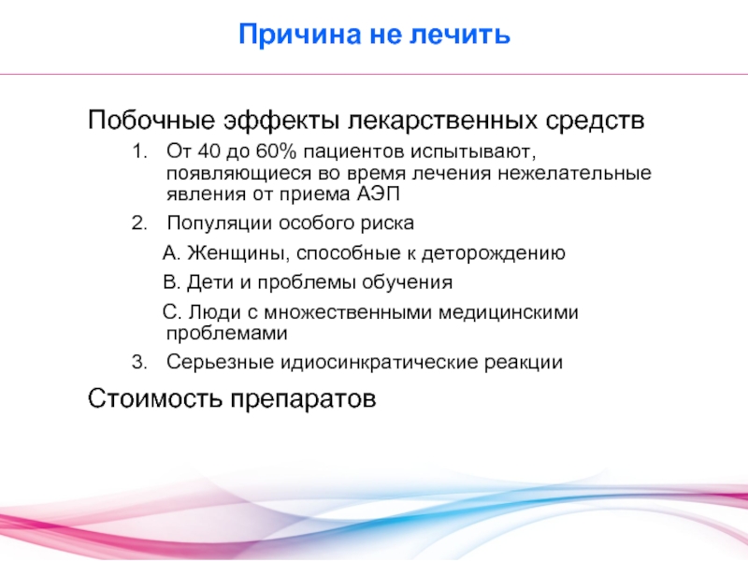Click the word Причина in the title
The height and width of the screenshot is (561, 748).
pyautogui.click(x=299, y=35)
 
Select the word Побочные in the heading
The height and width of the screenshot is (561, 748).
pyautogui.click(x=151, y=120)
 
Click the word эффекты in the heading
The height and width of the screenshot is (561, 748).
pyautogui.click(x=281, y=121)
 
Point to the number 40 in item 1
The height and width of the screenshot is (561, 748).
pyautogui.click(x=209, y=151)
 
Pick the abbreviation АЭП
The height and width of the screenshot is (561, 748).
pyautogui.click(x=378, y=194)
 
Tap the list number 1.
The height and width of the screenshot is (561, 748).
pyautogui.click(x=138, y=151)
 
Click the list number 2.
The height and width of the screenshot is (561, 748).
pyautogui.click(x=139, y=223)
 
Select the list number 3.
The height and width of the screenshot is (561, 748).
pyautogui.click(x=139, y=362)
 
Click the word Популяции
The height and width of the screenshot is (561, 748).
pyautogui.click(x=220, y=223)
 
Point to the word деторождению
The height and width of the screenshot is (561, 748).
pyautogui.click(x=493, y=253)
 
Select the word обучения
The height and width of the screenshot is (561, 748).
pyautogui.click(x=407, y=283)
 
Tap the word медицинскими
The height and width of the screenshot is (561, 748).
pyautogui.click(x=508, y=312)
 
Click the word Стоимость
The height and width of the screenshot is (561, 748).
pyautogui.click(x=155, y=398)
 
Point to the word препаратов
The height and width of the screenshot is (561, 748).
pyautogui.click(x=303, y=400)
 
